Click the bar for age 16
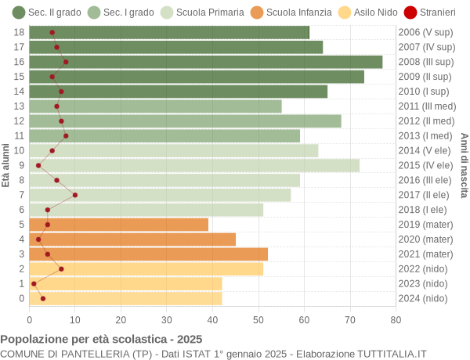click(206, 62)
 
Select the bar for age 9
click(194, 165)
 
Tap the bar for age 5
click(119, 225)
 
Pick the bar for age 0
click(125, 298)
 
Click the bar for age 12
click(185, 121)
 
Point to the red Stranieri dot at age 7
click(75, 195)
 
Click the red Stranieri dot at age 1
click(34, 284)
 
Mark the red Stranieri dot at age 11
click(66, 135)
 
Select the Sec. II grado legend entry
click(47, 13)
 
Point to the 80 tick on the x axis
click(396, 319)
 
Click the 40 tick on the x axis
click(212, 319)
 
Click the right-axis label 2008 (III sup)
click(425, 62)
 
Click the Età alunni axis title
click(6, 165)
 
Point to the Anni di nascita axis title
click(464, 165)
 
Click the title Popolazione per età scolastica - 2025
click(101, 339)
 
